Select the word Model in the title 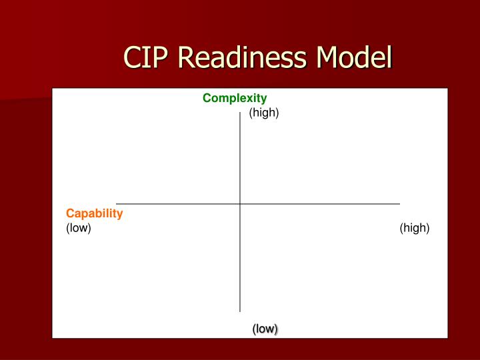coord(353,58)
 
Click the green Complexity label coord(235,99)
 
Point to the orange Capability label coord(94,213)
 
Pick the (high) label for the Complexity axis coord(264,113)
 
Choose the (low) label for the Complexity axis coord(265,329)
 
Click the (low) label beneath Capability coord(78,228)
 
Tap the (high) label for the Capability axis coord(415,228)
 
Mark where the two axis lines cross coord(240,203)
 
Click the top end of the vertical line coord(240,113)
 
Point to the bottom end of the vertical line coord(240,311)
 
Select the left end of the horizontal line coord(117,203)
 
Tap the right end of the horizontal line coord(399,203)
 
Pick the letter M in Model coord(329,58)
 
